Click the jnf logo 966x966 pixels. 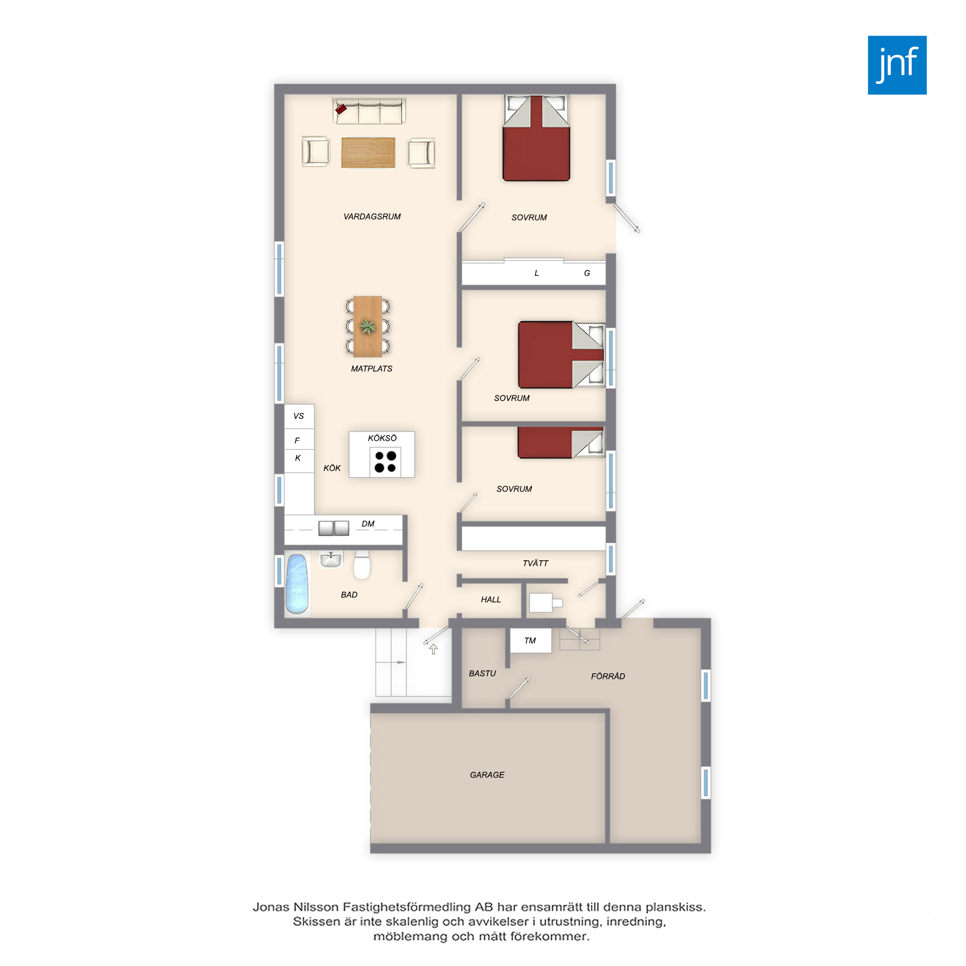point(897,65)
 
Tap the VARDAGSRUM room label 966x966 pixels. point(372,216)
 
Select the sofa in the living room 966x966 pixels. point(369,111)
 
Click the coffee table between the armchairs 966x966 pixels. point(368,153)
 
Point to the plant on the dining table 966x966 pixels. point(368,327)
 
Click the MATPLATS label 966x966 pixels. point(371,369)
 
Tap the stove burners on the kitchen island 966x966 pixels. point(385,461)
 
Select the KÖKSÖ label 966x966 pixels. point(382,438)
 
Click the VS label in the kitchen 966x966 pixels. point(298,416)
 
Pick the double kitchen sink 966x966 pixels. point(333,528)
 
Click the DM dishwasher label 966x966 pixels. point(368,524)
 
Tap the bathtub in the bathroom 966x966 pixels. point(296,584)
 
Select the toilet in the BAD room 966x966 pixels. point(361,565)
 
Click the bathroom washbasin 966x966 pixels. point(330,559)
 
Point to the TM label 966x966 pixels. point(530,640)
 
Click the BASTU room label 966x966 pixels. point(482,673)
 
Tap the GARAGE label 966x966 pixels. point(487,775)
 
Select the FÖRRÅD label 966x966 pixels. point(608,676)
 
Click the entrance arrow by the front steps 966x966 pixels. point(434,649)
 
